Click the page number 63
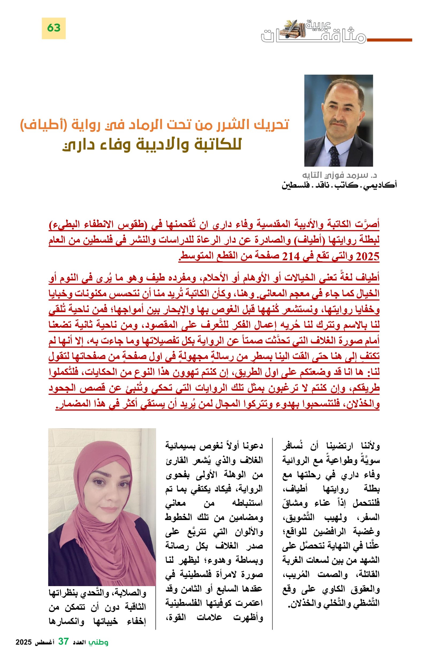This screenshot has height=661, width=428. point(53,28)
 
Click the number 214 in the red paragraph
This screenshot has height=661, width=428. point(291,256)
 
